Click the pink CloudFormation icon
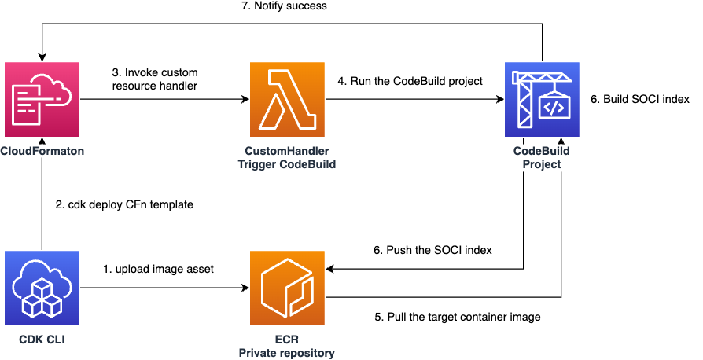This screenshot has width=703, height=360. click(42, 100)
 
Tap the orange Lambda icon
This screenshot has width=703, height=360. click(286, 100)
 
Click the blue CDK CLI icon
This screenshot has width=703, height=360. click(42, 288)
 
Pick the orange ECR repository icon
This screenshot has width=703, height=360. click(286, 288)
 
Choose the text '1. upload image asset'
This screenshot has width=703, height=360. click(159, 269)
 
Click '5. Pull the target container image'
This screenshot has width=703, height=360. click(457, 317)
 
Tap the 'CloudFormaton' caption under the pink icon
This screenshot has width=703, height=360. click(42, 149)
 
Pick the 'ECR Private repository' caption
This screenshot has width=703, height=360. click(286, 346)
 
